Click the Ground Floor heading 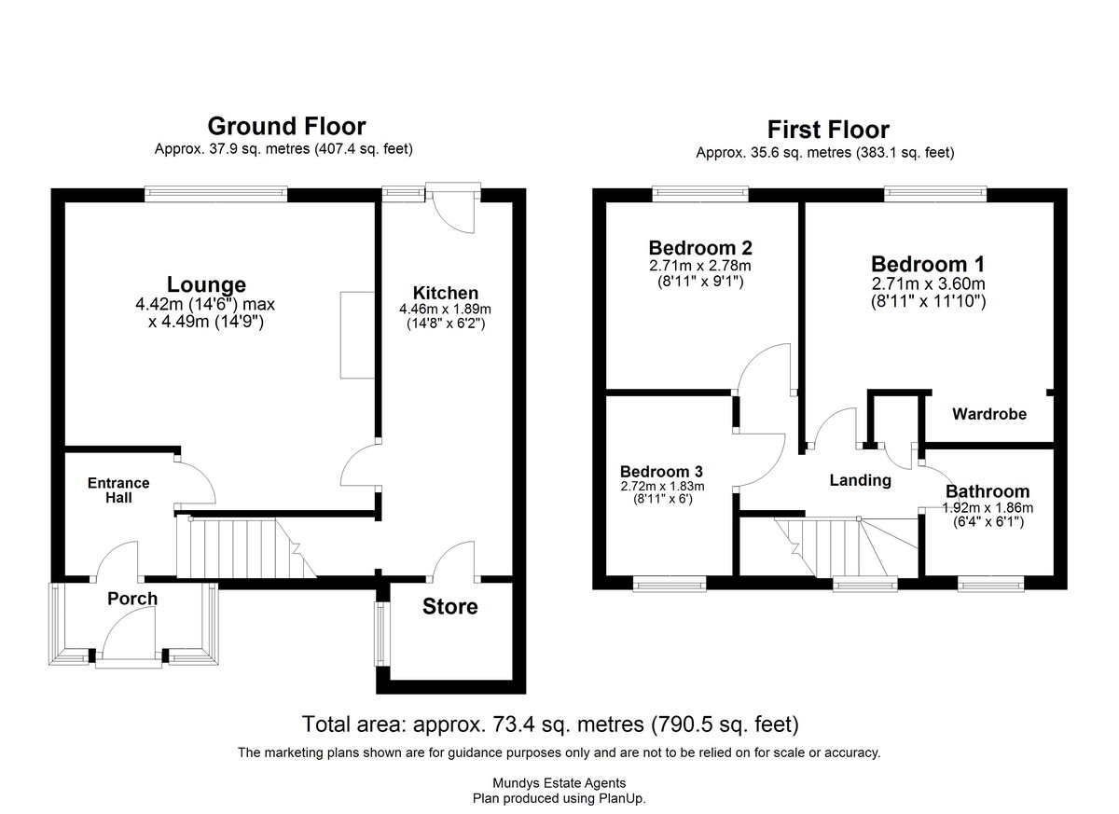287,127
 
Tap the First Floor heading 828,130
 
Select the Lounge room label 206,284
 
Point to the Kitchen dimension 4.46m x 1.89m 445,310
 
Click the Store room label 450,607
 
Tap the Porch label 132,599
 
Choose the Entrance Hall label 118,490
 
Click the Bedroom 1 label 928,264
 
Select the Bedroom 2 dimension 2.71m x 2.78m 700,266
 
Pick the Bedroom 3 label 661,472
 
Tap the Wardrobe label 989,414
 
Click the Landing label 860,480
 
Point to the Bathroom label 988,491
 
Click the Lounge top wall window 216,194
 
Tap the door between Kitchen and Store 453,562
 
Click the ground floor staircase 246,547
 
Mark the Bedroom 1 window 935,194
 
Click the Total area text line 550,724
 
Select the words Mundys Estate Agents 559,783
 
